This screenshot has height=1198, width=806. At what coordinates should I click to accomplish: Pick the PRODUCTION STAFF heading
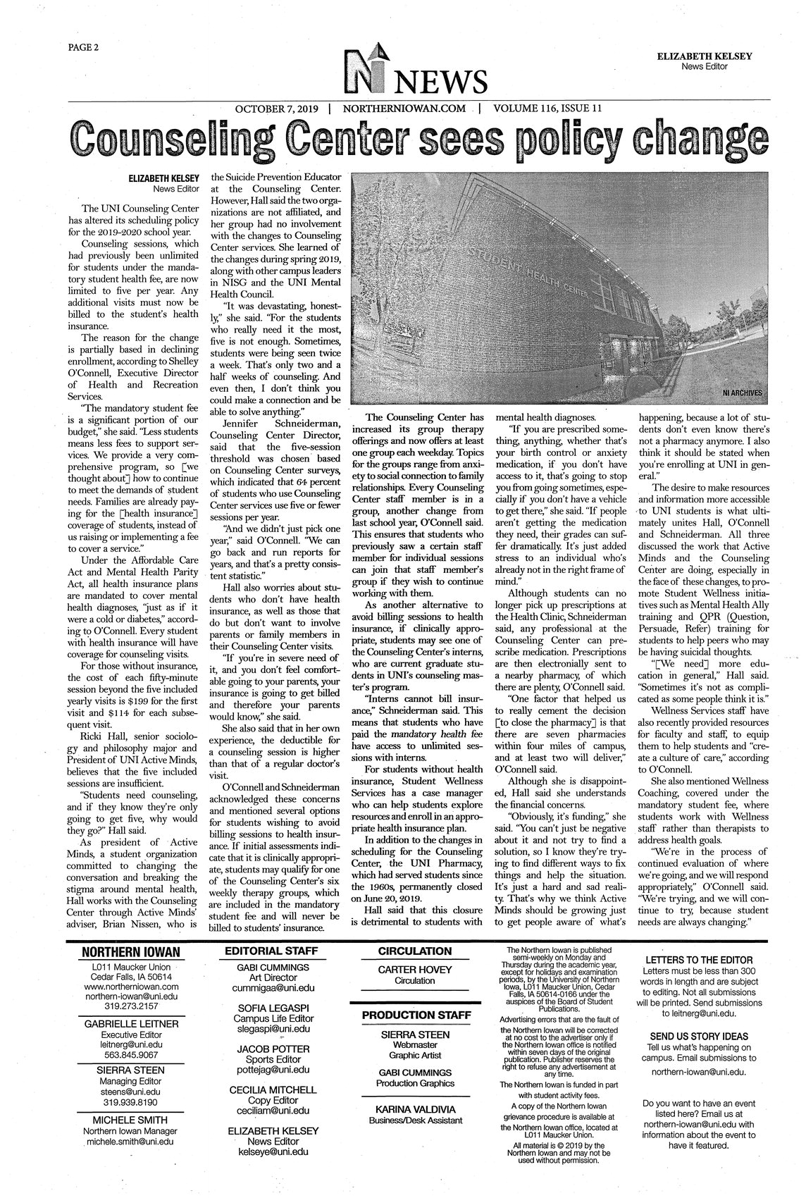415,1015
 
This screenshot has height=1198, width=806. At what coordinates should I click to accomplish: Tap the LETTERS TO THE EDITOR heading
699,960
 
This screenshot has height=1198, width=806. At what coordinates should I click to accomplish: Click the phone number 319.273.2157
131,1007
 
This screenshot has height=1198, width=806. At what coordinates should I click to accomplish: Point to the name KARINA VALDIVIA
415,1109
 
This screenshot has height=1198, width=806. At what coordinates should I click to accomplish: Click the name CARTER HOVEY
415,970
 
